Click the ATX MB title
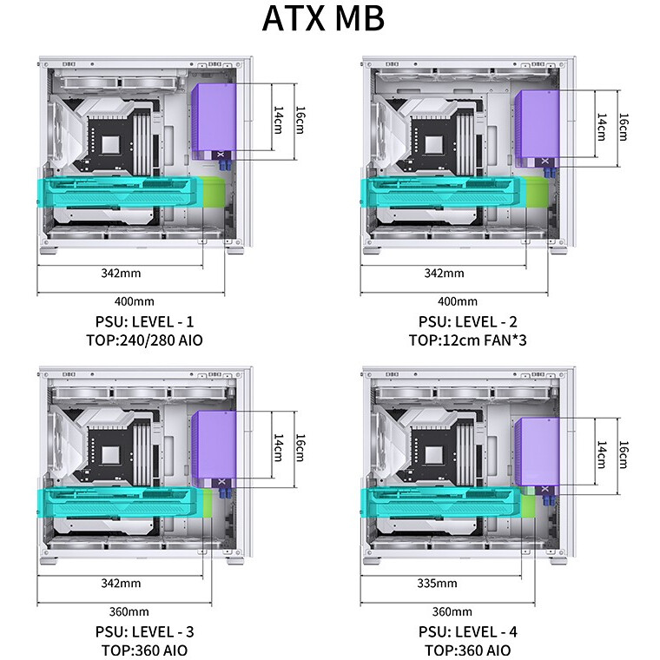(x=323, y=18)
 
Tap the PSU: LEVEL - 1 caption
(x=144, y=321)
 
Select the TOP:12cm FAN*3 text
(x=467, y=340)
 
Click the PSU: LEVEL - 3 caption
(x=144, y=632)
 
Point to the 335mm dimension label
(x=437, y=583)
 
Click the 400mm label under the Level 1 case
(x=135, y=301)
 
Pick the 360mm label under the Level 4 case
(x=452, y=611)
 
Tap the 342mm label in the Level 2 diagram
(x=444, y=274)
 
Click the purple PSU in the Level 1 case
(x=214, y=122)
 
